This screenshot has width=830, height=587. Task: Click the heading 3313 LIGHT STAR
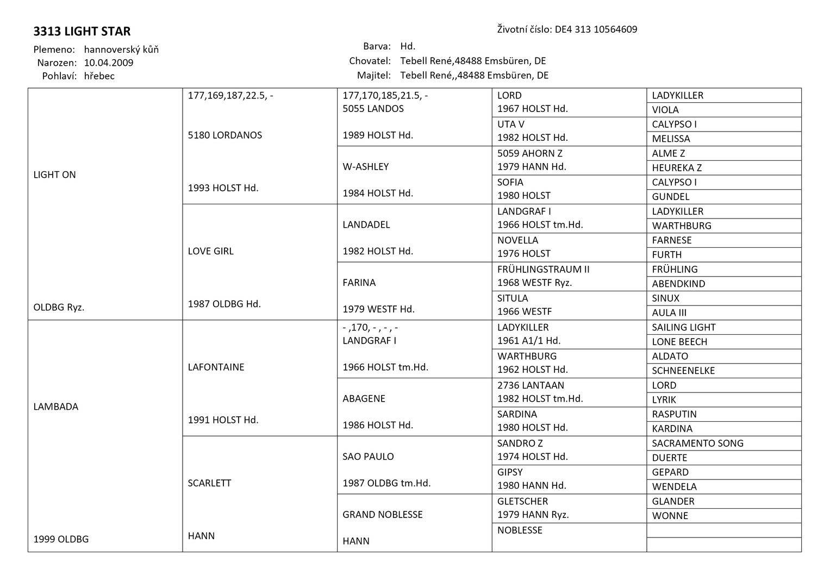82,32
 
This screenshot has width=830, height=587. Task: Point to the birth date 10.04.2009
109,63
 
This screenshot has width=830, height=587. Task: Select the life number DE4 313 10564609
596,29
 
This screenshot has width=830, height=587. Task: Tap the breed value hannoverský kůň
121,49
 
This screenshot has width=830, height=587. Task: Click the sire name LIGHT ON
55,175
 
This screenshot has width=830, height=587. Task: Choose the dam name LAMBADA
56,407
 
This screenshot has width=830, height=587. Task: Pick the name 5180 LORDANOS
225,135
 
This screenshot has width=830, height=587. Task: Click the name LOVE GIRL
211,251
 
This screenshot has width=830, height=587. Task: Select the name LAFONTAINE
216,367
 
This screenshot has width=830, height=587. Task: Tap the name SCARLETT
209,483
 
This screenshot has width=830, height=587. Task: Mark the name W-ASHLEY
366,167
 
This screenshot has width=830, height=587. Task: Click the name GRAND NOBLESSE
383,515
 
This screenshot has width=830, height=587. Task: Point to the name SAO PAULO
368,457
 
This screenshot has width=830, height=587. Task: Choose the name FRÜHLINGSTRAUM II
543,270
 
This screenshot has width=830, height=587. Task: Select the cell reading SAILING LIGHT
684,327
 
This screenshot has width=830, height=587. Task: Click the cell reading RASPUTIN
674,414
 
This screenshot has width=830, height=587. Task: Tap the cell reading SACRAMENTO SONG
697,444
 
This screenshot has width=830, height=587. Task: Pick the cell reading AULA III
669,313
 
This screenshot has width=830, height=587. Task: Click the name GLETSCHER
522,501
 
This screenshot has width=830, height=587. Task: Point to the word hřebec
99,76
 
